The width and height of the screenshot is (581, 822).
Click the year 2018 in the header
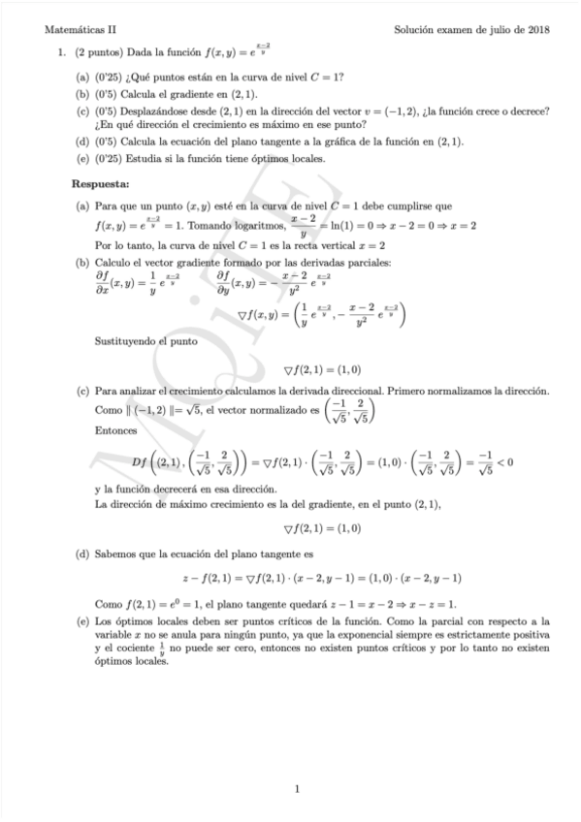536,30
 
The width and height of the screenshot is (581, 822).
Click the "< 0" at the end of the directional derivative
502,461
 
